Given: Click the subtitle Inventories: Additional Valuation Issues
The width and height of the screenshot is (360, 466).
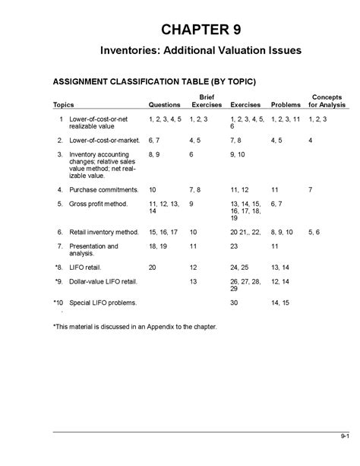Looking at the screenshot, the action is click(201, 50).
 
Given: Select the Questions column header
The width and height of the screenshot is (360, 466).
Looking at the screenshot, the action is click(164, 105).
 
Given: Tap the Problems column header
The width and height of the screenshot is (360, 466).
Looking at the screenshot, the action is click(286, 105).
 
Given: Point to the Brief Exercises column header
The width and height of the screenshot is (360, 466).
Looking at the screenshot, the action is click(206, 101).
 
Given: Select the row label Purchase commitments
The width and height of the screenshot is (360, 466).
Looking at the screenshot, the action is click(103, 189).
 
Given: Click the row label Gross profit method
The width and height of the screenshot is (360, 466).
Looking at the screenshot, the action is click(99, 204).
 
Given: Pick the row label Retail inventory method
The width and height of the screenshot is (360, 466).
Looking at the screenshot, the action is click(103, 232).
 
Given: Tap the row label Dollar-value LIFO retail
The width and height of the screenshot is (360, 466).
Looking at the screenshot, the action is click(103, 281).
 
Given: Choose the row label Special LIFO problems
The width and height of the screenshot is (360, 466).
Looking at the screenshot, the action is click(103, 303).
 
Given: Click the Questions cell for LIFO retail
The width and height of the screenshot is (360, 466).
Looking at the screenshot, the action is click(153, 267).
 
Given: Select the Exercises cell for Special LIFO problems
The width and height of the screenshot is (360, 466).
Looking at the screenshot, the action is click(234, 303).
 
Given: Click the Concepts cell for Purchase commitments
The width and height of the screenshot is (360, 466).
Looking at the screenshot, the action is click(310, 189).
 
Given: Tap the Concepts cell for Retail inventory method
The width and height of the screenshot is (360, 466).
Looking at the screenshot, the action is click(314, 232).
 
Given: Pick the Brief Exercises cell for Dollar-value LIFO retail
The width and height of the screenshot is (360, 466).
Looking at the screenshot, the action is click(194, 281).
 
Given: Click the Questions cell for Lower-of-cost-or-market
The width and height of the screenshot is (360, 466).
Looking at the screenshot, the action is click(155, 140).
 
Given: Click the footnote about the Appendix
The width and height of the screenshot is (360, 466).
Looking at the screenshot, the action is click(134, 326).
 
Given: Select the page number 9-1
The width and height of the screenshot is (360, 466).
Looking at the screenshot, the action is click(344, 436).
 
